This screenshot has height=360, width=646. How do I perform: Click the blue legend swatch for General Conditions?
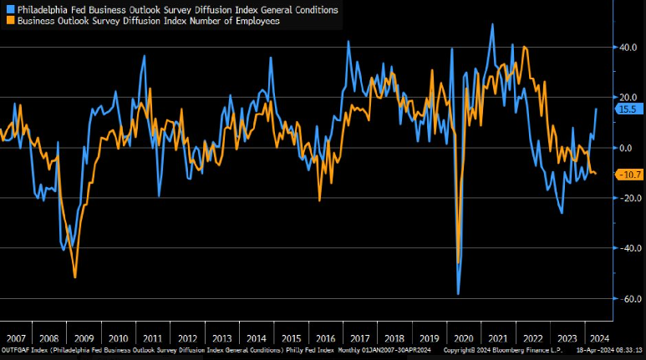pos(9,10)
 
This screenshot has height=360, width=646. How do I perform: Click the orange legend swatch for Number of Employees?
pos(9,21)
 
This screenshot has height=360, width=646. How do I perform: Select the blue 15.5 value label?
pos(627,109)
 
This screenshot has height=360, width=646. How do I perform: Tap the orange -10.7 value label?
pos(628,175)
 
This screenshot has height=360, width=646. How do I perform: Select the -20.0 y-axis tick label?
pos(625,198)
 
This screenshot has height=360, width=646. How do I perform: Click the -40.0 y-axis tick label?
pos(625,248)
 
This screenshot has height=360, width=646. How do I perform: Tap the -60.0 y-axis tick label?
pos(625,298)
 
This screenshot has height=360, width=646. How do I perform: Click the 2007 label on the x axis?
pos(17,338)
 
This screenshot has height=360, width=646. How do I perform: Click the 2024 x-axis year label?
pos(598,338)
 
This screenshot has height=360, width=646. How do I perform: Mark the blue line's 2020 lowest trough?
pos(458,294)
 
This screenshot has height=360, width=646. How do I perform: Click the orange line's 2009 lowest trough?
pos(75,277)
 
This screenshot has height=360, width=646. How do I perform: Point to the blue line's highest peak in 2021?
pos(492,24)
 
